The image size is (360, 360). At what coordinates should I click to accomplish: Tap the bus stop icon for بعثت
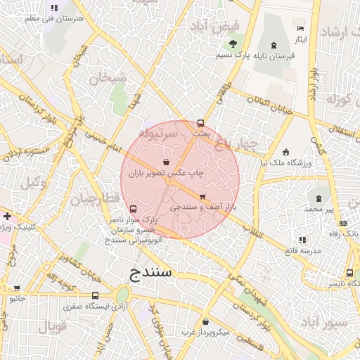(200, 122)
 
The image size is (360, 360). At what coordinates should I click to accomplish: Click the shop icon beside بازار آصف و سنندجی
(202, 197)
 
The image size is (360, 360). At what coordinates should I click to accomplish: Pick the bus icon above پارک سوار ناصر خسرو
(134, 209)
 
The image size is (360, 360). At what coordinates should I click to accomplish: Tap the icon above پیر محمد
(319, 199)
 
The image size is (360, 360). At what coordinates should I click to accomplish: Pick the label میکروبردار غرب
(205, 331)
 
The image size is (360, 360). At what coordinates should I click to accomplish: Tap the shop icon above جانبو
(16, 288)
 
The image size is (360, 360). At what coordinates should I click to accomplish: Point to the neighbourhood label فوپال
(53, 327)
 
